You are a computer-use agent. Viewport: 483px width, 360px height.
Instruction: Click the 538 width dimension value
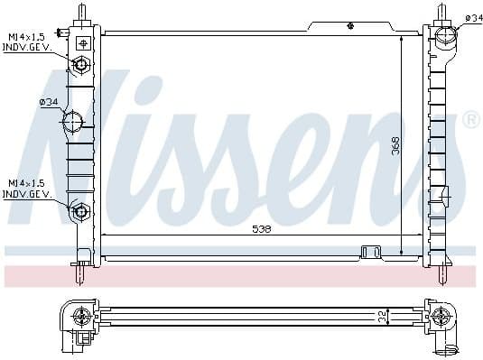[x=262, y=229]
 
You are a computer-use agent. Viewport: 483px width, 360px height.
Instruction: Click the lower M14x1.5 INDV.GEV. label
[x=26, y=189]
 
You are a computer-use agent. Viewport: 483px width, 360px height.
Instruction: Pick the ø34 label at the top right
[x=472, y=18]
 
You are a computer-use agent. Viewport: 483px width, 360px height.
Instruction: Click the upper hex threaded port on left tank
[x=81, y=65]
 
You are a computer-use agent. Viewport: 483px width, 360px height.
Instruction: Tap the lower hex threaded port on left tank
[x=81, y=212]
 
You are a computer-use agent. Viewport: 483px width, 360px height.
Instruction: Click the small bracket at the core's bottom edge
[x=370, y=252]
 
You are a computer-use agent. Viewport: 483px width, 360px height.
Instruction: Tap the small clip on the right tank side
[x=442, y=194]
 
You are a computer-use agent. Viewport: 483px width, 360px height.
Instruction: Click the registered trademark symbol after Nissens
[x=470, y=120]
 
